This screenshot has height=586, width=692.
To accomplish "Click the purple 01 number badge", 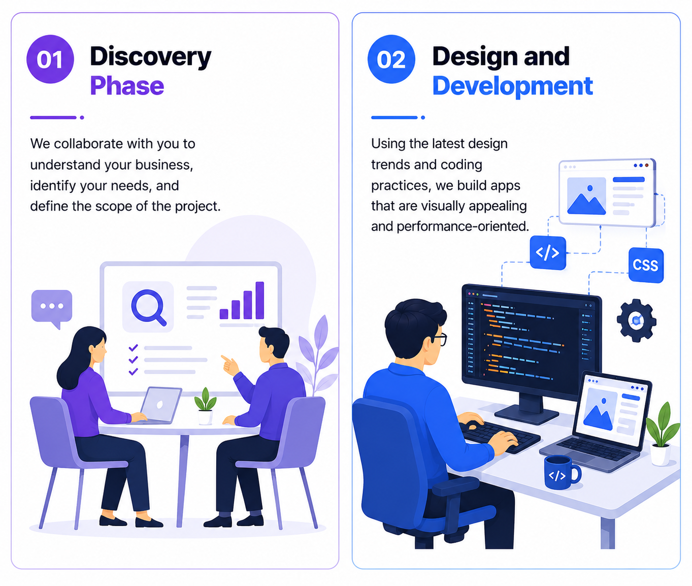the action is [x=50, y=59].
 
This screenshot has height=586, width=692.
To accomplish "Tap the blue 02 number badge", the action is [x=391, y=59].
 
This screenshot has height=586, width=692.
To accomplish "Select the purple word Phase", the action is [x=127, y=86].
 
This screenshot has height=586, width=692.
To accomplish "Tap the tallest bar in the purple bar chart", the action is [x=260, y=300].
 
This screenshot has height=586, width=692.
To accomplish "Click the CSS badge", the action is [x=646, y=265].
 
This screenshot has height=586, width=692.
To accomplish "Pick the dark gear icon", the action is [x=636, y=320].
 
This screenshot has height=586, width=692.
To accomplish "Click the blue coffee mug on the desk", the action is [x=562, y=472].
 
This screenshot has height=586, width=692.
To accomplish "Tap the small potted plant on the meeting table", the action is [x=205, y=406].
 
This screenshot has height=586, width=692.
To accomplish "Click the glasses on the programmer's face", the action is [x=439, y=339].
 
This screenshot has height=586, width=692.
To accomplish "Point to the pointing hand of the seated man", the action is [x=229, y=365].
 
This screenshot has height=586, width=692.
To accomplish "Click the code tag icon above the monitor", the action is [x=548, y=253].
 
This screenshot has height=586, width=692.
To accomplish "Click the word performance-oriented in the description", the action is [x=463, y=226].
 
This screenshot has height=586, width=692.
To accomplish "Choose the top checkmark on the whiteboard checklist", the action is [x=133, y=347].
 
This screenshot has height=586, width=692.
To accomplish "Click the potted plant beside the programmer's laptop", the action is [x=662, y=434].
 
